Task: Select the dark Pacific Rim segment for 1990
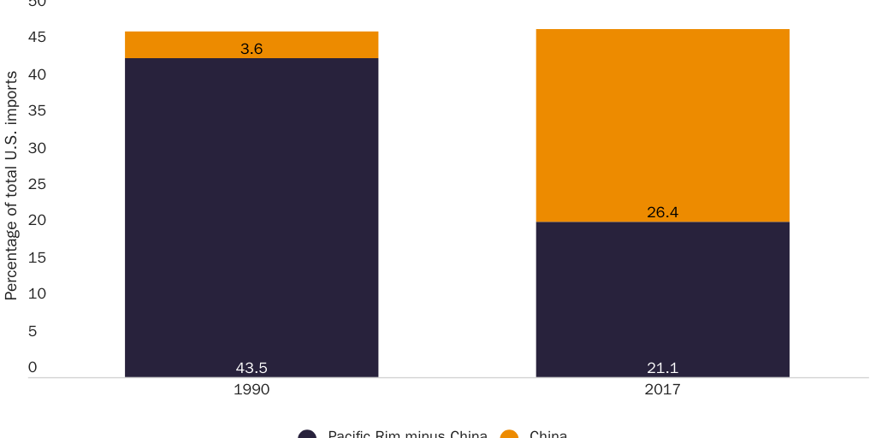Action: pyautogui.click(x=252, y=214)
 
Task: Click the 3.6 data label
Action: pyautogui.click(x=252, y=50)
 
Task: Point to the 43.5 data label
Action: pyautogui.click(x=252, y=369)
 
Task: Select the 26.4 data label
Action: pyautogui.click(x=662, y=213)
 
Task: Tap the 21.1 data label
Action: pyautogui.click(x=662, y=369)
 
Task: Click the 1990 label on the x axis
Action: pyautogui.click(x=252, y=390)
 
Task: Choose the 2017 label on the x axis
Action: pyautogui.click(x=662, y=390)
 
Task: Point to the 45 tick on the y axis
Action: pyautogui.click(x=37, y=38)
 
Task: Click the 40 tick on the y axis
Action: pyautogui.click(x=37, y=74)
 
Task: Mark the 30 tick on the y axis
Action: pyautogui.click(x=37, y=148)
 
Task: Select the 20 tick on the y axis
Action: pyautogui.click(x=37, y=221)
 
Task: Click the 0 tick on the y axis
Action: pyautogui.click(x=33, y=367)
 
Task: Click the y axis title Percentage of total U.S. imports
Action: pyautogui.click(x=11, y=186)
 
